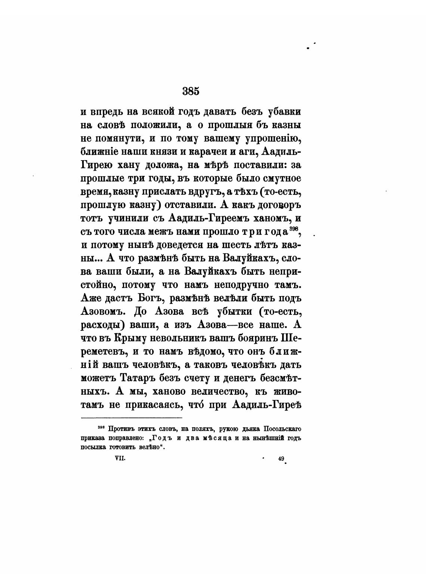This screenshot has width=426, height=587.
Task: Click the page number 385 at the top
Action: pyautogui.click(x=191, y=91)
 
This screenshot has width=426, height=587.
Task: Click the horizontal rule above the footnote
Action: pyautogui.click(x=132, y=418)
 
